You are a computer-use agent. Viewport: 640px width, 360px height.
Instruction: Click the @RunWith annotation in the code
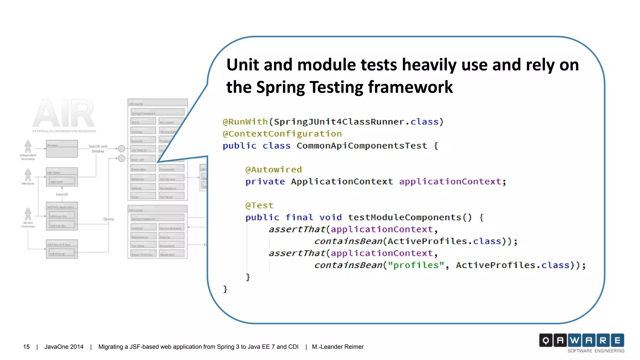(x=245, y=122)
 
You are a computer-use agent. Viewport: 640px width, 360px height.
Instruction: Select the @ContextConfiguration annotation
(x=282, y=134)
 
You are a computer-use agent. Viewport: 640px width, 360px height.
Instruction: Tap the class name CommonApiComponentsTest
(x=362, y=146)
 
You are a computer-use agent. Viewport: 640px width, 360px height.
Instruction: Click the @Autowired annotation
(x=273, y=170)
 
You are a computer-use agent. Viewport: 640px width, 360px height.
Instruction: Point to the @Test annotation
(x=259, y=206)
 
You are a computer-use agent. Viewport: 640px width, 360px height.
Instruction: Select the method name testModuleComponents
(x=404, y=217)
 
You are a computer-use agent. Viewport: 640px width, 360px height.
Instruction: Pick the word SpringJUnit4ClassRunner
(x=339, y=122)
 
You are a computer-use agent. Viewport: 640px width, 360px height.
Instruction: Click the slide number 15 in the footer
(x=26, y=347)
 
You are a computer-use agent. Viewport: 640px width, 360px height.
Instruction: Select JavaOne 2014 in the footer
(x=64, y=347)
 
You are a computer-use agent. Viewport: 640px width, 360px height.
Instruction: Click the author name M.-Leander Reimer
(x=337, y=347)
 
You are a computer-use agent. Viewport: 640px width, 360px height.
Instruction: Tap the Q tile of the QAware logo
(x=546, y=340)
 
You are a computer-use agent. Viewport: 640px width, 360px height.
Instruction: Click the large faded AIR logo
(x=63, y=113)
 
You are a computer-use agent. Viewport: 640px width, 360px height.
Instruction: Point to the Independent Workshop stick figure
(x=28, y=147)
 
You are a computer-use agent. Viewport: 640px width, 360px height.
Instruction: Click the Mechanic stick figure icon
(x=28, y=175)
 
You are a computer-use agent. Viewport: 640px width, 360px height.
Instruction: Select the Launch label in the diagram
(x=62, y=194)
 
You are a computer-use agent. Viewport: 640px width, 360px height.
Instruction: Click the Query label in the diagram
(x=108, y=219)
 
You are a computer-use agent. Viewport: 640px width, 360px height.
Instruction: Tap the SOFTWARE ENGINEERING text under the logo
(x=596, y=351)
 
